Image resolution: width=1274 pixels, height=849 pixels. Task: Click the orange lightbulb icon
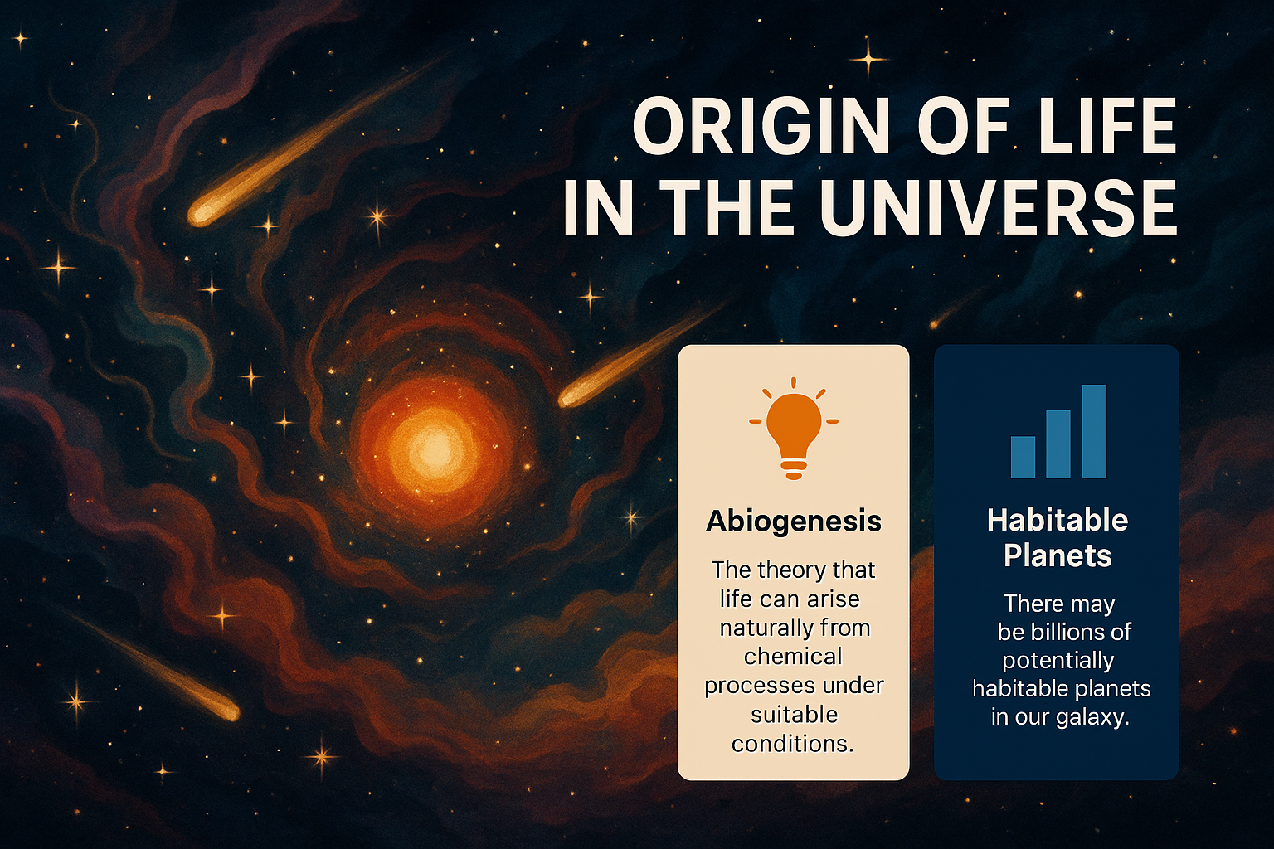point(794,428)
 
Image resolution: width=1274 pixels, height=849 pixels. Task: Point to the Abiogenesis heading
point(794,521)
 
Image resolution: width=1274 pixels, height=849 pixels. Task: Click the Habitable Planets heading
point(1058,537)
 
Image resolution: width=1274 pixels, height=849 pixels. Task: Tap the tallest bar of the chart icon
point(1094,431)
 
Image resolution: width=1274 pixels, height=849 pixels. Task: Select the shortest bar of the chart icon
point(1023,457)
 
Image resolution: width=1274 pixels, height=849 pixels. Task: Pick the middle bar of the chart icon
point(1058,444)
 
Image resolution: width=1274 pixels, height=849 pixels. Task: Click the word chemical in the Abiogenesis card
point(793,657)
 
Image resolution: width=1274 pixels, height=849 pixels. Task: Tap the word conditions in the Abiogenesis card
point(792,744)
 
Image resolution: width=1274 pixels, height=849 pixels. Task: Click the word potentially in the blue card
point(1058,662)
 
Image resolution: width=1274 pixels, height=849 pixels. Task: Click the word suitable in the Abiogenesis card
point(794,715)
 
